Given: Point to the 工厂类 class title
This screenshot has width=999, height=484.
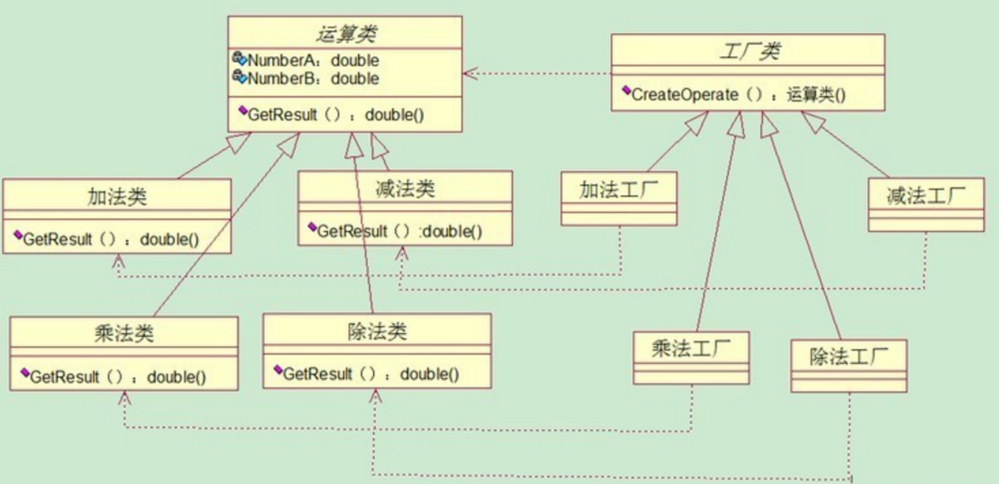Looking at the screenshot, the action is click(x=747, y=53).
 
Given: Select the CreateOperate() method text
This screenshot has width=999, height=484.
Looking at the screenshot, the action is click(x=739, y=95).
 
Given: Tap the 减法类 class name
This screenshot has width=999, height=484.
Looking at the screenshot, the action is click(x=405, y=188).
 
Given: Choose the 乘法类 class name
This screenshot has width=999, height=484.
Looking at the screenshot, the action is click(x=124, y=333).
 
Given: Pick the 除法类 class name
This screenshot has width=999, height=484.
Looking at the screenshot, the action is click(x=377, y=331).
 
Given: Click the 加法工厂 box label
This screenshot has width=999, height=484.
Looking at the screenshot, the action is click(x=618, y=190).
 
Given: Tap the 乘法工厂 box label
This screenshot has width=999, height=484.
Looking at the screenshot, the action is click(x=690, y=348).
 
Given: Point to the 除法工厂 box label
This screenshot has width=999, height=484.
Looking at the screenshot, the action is click(x=848, y=357).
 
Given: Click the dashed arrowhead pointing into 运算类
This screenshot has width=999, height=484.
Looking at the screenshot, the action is click(x=468, y=73).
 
